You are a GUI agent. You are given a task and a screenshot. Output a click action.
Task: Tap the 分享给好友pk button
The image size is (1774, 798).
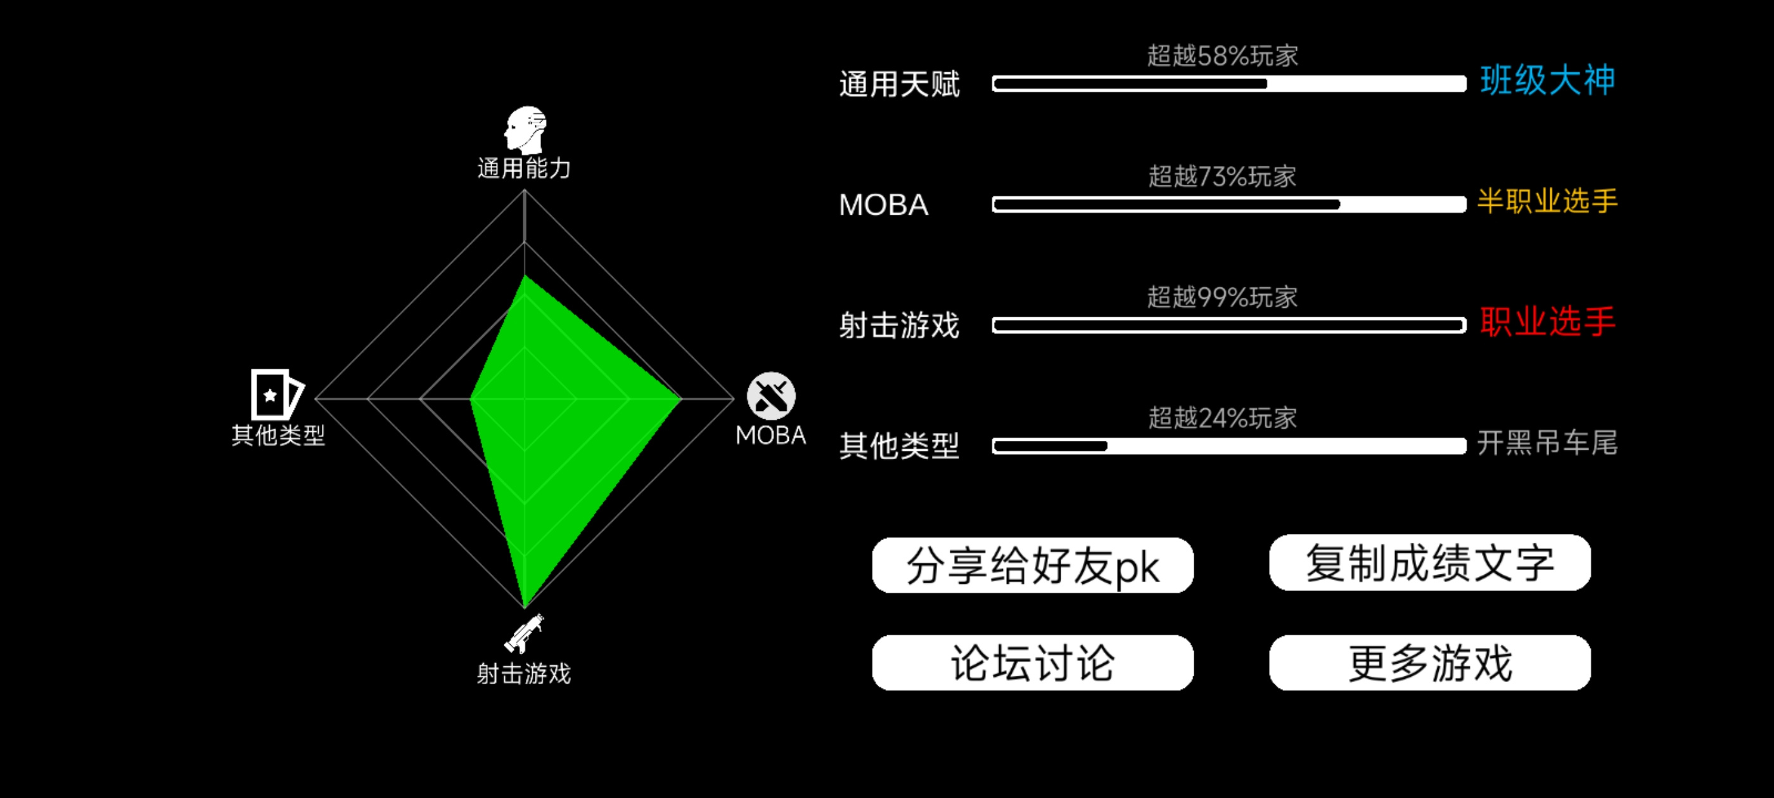1032,566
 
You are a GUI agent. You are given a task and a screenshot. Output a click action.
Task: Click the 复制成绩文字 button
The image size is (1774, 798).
1430,562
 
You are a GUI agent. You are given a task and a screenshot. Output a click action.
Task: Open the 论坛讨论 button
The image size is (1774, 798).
1032,662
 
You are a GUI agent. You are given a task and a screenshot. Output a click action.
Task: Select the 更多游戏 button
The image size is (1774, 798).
1430,662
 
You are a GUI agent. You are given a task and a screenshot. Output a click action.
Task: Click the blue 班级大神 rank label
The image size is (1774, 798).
1547,80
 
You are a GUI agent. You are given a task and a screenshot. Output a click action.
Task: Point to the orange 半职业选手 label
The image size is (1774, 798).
1547,201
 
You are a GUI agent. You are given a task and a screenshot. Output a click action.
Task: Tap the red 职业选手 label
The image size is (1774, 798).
1547,322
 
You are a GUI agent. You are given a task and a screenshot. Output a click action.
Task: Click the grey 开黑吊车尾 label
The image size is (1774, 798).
1547,443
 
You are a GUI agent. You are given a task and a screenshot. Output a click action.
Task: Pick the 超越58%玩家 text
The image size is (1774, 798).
1222,56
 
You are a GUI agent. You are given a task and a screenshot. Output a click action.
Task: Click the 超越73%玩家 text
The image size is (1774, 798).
1222,176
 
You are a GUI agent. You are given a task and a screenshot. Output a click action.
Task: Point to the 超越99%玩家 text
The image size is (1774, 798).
1222,298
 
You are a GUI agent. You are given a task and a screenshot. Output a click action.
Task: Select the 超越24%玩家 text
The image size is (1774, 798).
1222,418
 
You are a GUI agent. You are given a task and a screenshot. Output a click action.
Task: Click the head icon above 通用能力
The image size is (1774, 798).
525,130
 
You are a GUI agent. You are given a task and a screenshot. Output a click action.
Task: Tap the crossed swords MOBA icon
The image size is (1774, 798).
771,396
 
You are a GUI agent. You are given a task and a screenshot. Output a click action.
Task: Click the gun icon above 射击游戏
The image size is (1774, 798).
524,633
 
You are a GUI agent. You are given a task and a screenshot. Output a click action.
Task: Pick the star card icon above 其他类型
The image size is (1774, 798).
277,395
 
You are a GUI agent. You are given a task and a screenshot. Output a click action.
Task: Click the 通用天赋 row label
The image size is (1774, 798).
898,85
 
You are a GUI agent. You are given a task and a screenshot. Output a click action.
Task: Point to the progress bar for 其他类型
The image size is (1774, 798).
1229,446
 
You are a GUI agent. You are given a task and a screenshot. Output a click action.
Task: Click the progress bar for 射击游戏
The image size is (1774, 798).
1229,326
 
